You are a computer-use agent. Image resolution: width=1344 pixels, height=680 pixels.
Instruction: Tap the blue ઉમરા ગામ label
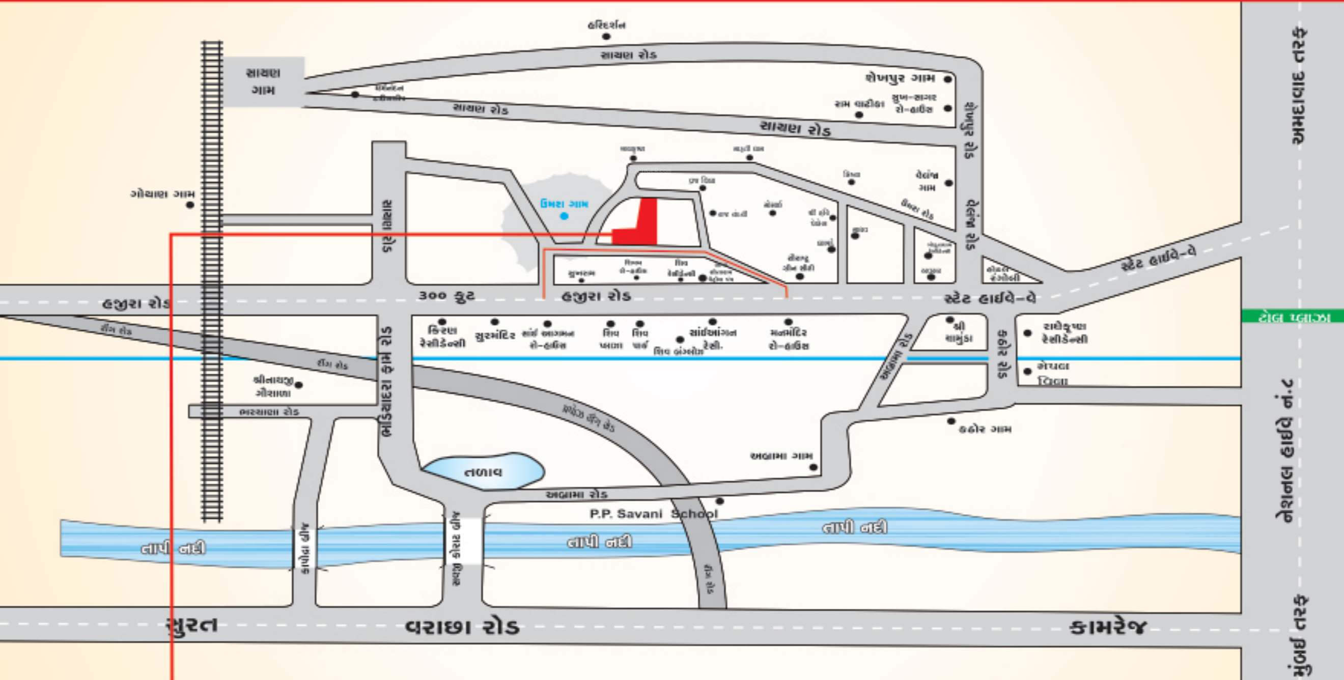(564, 204)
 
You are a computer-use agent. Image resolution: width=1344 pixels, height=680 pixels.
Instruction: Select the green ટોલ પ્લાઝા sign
(1293, 317)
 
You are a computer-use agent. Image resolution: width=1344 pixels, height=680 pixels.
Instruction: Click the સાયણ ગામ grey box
(264, 81)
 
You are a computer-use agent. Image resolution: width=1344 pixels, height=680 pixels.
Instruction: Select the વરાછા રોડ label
(462, 626)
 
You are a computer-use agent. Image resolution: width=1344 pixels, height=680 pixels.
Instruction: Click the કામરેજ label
(1108, 626)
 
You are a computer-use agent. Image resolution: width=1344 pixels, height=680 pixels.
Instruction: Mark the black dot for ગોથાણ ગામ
(190, 205)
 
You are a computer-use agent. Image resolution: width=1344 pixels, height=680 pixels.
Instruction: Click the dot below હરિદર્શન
(606, 37)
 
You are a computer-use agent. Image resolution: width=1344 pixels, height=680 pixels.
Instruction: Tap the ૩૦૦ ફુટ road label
(446, 296)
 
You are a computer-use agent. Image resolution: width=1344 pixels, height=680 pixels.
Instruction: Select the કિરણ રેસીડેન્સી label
(442, 337)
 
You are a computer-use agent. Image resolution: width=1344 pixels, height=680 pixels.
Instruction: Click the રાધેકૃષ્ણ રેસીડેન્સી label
(1065, 333)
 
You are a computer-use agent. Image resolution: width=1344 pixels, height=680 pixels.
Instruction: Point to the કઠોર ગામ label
(985, 429)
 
